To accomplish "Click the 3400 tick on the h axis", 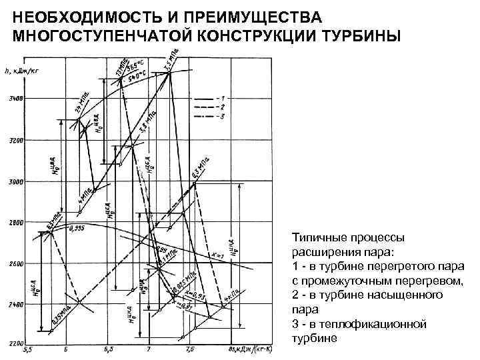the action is click(15, 99).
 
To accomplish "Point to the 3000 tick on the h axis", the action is click(15, 181).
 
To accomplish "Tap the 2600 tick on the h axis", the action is click(15, 263).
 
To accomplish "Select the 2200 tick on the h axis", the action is click(15, 343).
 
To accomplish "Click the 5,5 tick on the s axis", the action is click(27, 349).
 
